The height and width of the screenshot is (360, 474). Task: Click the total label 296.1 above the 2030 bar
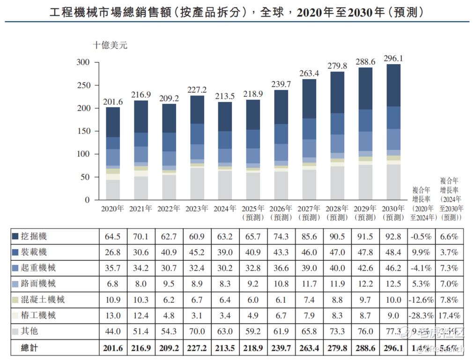(393, 59)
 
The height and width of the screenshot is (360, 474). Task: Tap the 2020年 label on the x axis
(113, 209)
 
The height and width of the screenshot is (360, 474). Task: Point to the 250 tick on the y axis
(83, 85)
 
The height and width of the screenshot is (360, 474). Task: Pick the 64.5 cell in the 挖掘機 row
(112, 237)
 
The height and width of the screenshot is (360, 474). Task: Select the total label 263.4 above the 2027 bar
(309, 73)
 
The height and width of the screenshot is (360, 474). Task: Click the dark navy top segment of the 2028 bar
(337, 92)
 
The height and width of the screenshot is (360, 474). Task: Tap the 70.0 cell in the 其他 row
(197, 332)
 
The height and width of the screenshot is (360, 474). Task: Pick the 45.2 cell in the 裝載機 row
(197, 253)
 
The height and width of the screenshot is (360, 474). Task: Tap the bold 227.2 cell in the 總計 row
(197, 348)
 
